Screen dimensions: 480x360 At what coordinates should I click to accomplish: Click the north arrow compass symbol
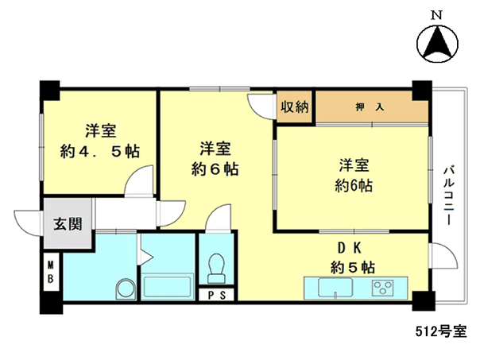[x=437, y=44]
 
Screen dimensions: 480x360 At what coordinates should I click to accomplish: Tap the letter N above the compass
[x=437, y=15]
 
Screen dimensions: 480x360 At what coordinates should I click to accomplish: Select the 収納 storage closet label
[x=295, y=106]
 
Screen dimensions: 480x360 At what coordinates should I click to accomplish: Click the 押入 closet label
[x=370, y=107]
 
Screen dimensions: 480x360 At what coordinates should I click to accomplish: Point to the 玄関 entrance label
[x=68, y=224]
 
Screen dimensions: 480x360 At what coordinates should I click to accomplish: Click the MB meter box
[x=51, y=272]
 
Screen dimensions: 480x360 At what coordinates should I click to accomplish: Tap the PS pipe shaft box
[x=217, y=295]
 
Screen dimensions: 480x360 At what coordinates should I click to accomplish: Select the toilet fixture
[x=216, y=268]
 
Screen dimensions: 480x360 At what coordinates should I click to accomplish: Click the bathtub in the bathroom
[x=168, y=287]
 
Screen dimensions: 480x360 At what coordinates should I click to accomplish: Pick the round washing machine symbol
[x=126, y=289]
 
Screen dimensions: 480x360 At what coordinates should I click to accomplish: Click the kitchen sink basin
[x=335, y=288]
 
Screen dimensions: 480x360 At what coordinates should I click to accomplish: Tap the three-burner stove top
[x=383, y=288]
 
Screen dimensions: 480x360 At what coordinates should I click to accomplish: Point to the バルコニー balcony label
[x=449, y=195]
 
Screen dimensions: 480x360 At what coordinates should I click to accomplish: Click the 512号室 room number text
[x=441, y=331]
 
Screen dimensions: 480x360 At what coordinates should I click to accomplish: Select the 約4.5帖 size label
[x=100, y=151]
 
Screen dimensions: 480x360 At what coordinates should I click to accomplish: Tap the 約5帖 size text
[x=353, y=268]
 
